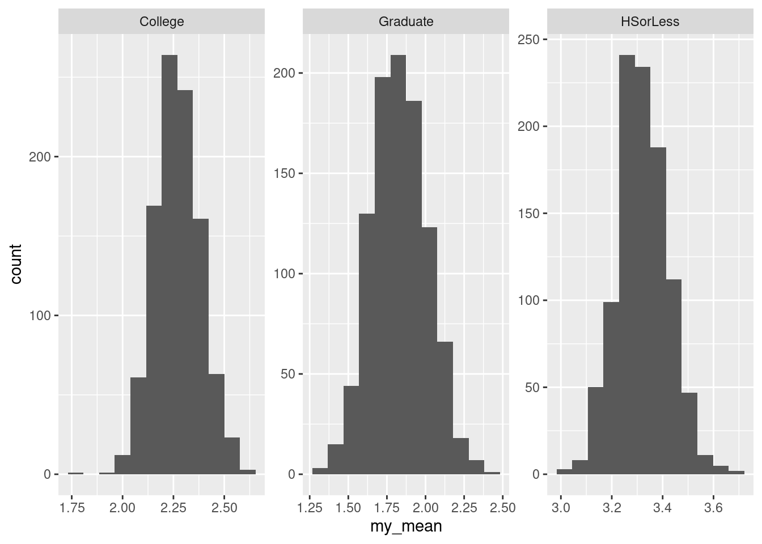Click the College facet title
pyautogui.click(x=162, y=22)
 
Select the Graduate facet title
pyautogui.click(x=406, y=22)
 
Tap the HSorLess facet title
pyautogui.click(x=650, y=22)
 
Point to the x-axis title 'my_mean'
pyautogui.click(x=406, y=527)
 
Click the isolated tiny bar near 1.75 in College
pyautogui.click(x=75, y=473)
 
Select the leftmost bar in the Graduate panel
pyautogui.click(x=320, y=471)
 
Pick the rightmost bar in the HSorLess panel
pyautogui.click(x=736, y=472)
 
